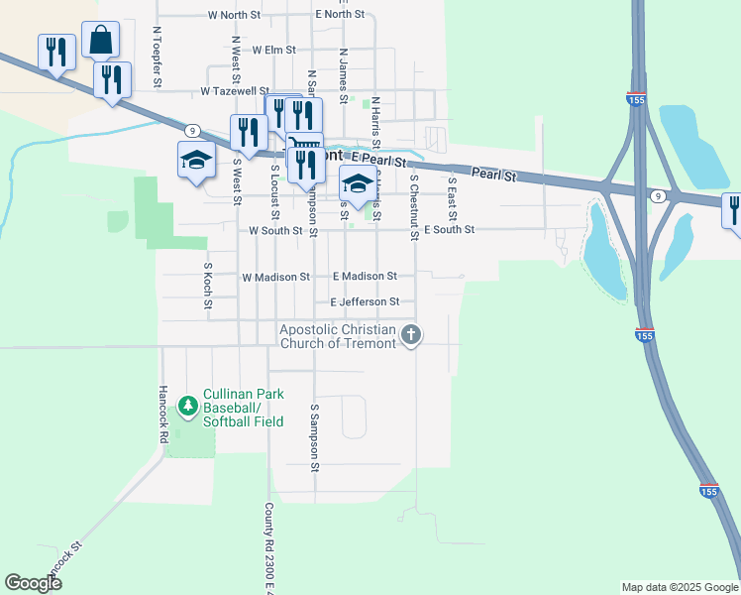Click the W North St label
pyautogui.click(x=235, y=15)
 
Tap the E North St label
pyautogui.click(x=340, y=14)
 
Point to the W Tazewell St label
pyautogui.click(x=236, y=90)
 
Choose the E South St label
pyautogui.click(x=449, y=229)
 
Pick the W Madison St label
pyautogui.click(x=275, y=277)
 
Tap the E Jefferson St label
pyautogui.click(x=365, y=301)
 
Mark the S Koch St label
pyautogui.click(x=208, y=286)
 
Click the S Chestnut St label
pyautogui.click(x=414, y=208)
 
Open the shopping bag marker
pyautogui.click(x=100, y=41)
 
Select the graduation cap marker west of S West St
pyautogui.click(x=196, y=160)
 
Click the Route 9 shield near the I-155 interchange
pyautogui.click(x=658, y=196)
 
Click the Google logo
pyautogui.click(x=33, y=583)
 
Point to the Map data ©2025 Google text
pyautogui.click(x=679, y=587)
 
